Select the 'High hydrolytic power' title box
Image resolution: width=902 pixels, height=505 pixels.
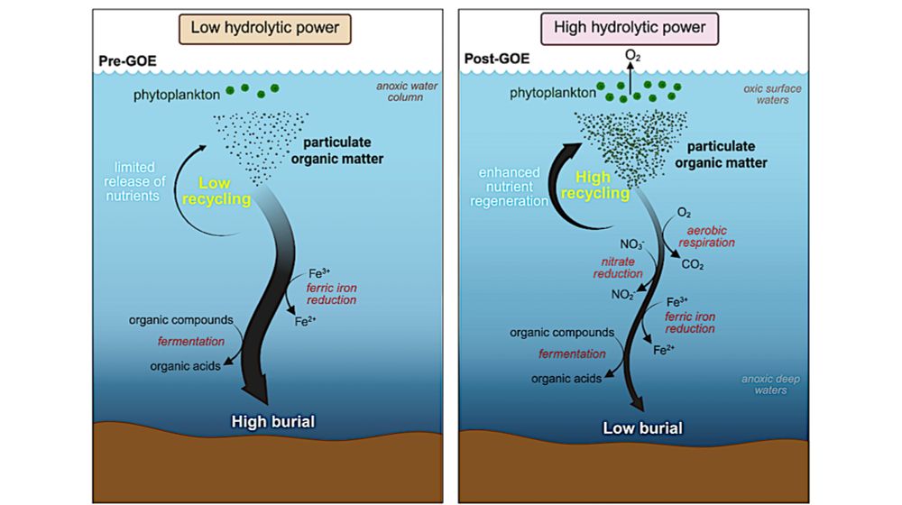point(630,29)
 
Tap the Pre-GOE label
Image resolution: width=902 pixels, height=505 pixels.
point(128,61)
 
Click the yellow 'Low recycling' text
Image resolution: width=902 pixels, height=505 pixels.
point(216,191)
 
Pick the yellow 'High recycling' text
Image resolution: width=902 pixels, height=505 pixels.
point(595,185)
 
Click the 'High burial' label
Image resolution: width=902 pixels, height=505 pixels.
point(273,422)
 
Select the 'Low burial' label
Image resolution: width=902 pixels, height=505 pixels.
point(642,428)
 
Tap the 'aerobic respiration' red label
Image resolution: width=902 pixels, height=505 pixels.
point(706,236)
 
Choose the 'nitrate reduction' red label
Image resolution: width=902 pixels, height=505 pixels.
point(618,268)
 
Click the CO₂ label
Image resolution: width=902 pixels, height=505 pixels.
point(693,264)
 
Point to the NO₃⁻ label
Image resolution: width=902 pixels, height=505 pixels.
point(632,243)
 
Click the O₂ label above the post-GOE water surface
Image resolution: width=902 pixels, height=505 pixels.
point(633,56)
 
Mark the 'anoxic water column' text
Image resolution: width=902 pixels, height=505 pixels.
point(407,91)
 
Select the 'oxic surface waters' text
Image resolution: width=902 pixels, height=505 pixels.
point(772,95)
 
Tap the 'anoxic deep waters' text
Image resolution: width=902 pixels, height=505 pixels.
point(770,385)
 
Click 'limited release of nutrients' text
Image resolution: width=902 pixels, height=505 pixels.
point(134,182)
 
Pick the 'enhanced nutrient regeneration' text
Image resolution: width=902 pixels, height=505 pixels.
point(509,187)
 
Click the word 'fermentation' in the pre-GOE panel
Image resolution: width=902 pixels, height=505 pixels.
point(191,341)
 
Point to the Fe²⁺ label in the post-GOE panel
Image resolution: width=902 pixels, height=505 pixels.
point(664,350)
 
